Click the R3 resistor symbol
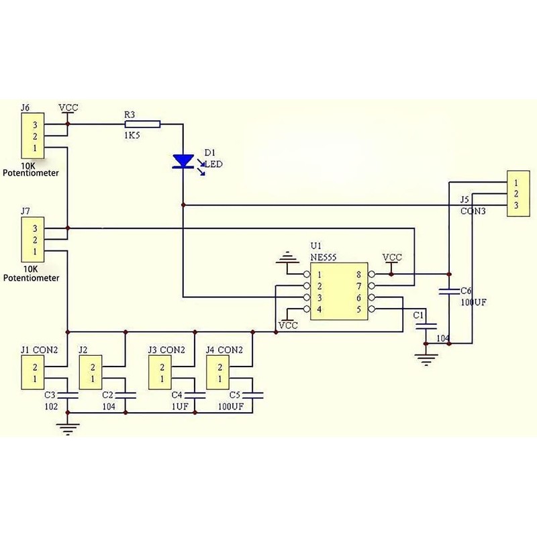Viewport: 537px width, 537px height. click(142, 124)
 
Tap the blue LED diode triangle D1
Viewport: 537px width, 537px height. click(183, 161)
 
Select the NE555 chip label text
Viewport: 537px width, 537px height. click(324, 257)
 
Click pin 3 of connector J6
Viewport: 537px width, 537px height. click(35, 125)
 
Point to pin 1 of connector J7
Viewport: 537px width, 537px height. click(35, 252)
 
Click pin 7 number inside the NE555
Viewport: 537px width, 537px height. click(358, 286)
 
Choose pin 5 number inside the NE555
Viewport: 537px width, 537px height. click(358, 309)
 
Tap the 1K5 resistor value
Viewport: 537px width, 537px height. click(132, 136)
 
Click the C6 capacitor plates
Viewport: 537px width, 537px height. click(449, 291)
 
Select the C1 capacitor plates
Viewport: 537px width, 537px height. click(426, 326)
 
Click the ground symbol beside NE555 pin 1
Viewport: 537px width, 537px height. click(287, 257)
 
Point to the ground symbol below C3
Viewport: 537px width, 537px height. click(68, 429)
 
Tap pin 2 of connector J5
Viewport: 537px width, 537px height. click(516, 194)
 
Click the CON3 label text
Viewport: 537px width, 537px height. click(473, 211)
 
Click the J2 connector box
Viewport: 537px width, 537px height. click(91, 373)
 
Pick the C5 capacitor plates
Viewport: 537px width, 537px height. click(252, 395)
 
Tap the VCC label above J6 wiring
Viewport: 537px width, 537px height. click(68, 107)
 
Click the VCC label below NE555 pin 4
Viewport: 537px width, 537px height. click(289, 326)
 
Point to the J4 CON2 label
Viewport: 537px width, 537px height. click(224, 350)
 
